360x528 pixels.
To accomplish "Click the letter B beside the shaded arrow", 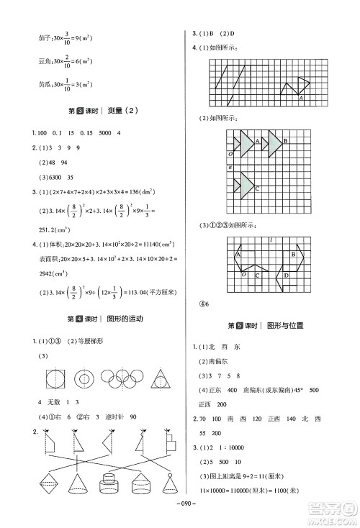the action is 285,141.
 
